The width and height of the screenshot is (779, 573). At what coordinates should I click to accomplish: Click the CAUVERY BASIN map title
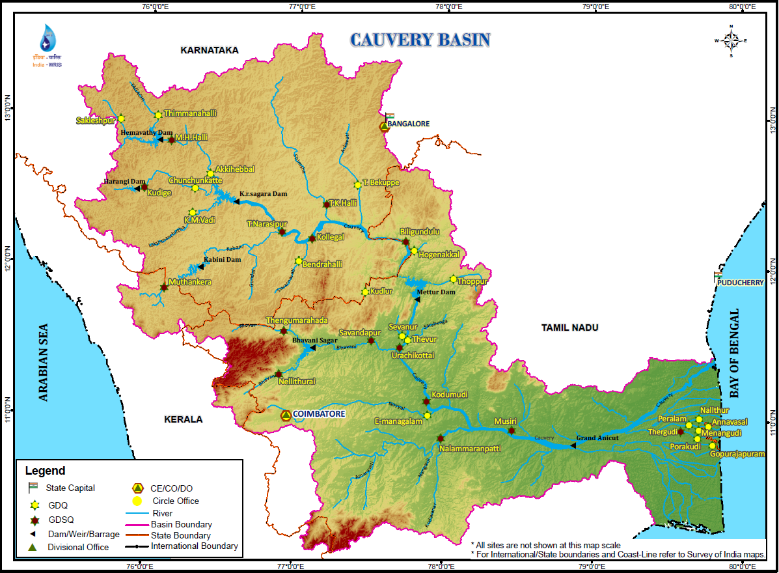[420, 40]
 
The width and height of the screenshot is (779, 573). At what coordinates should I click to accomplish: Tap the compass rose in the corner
[731, 41]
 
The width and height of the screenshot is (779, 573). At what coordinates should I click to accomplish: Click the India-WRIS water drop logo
[48, 39]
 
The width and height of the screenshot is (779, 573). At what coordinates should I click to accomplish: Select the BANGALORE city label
[408, 123]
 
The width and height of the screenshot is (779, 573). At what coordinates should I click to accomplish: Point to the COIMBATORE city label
[318, 414]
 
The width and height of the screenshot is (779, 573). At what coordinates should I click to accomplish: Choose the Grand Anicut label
[597, 438]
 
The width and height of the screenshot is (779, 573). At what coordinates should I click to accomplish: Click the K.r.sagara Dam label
[263, 194]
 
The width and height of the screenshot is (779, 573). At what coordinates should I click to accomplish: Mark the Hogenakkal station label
[439, 255]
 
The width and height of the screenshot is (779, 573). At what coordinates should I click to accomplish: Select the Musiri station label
[505, 421]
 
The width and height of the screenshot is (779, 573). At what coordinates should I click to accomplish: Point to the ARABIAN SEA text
[44, 361]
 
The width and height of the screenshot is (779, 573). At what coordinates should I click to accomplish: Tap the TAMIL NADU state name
[569, 328]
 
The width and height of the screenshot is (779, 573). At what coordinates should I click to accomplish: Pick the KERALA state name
[183, 419]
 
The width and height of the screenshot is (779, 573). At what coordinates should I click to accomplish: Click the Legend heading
[45, 471]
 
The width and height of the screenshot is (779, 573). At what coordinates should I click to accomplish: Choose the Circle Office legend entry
[175, 501]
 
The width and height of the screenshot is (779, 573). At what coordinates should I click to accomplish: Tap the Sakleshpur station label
[95, 120]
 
